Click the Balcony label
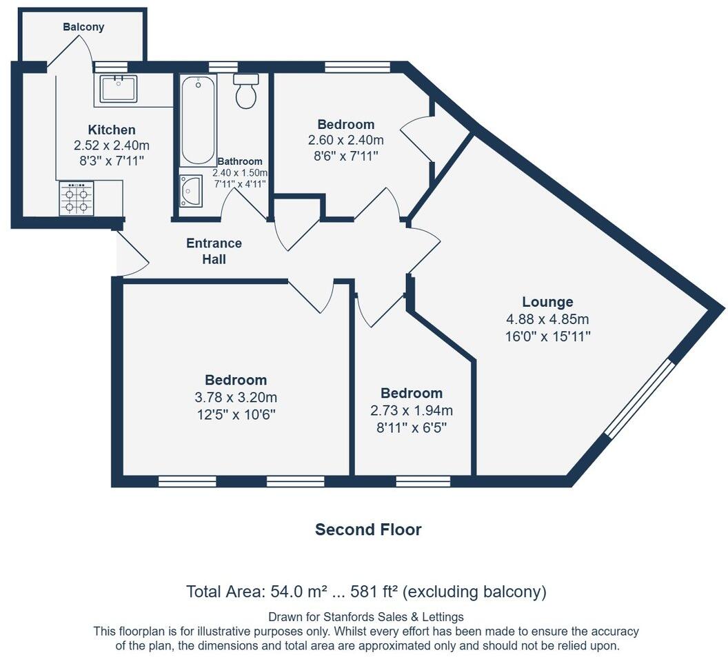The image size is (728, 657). coord(83,28)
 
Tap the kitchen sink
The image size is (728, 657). coord(118,89)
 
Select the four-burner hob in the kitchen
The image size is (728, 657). coord(77,199)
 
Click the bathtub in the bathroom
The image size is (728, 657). coord(199,120)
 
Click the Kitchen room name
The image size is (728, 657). coord(112,130)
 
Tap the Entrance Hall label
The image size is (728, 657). coord(214,252)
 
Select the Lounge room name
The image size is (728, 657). coord(547,302)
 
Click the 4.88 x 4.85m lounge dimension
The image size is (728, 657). coord(547,319)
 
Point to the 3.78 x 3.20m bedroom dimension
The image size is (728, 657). coord(236,397)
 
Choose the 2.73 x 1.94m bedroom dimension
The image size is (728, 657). coord(412,411)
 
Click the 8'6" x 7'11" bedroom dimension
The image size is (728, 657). coord(346,156)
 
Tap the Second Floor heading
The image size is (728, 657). coord(368,529)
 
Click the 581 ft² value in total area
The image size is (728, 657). coord(374,592)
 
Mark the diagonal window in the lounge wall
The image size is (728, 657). coord(638,398)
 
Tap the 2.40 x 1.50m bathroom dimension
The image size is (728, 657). coord(239,173)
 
